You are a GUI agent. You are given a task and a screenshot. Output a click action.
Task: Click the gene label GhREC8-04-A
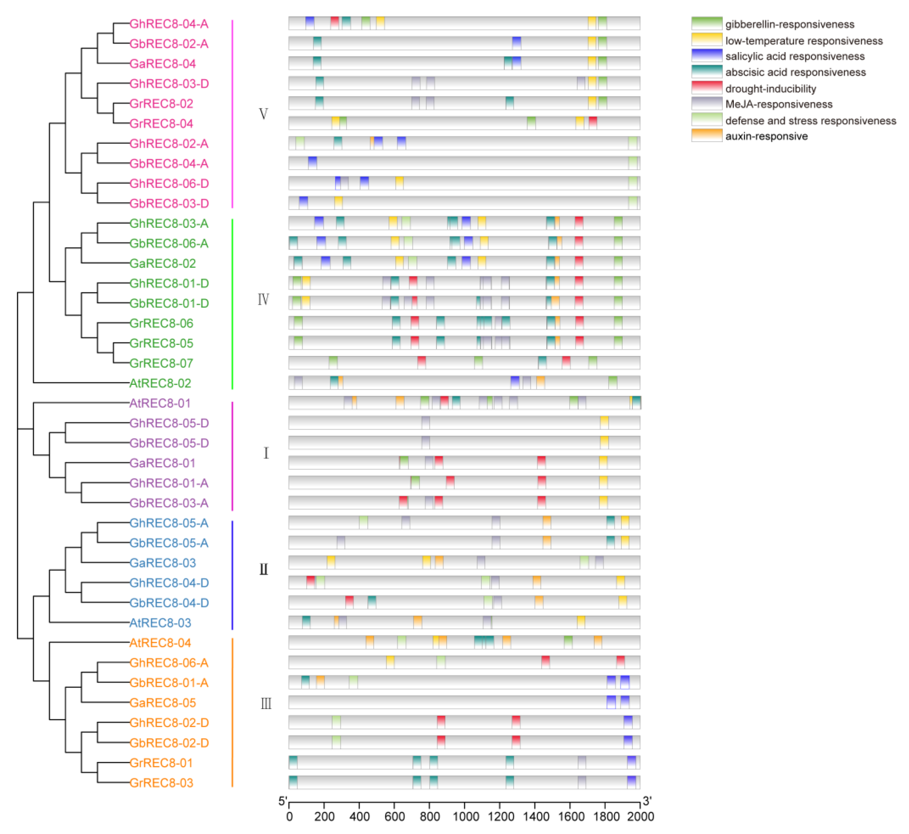(x=169, y=24)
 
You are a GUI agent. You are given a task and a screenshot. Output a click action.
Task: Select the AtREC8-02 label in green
(x=160, y=383)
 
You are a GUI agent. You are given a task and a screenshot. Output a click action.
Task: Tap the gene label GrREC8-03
(x=161, y=783)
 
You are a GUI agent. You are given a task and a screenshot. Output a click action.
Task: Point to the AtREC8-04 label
(x=160, y=643)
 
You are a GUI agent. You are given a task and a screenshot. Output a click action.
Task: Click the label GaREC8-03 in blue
(x=163, y=563)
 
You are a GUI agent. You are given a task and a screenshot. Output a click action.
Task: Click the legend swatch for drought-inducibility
(x=706, y=88)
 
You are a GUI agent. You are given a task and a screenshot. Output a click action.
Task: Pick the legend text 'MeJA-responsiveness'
(x=779, y=104)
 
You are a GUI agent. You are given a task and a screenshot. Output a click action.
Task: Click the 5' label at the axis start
(x=282, y=801)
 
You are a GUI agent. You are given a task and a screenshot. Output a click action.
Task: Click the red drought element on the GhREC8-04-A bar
(x=335, y=23)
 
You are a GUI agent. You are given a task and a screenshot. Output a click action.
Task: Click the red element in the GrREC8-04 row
(x=593, y=123)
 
